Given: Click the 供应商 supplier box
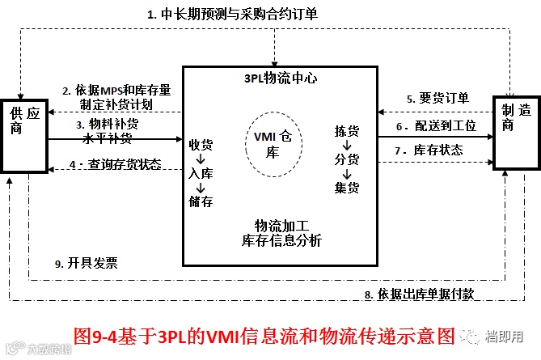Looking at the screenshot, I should pyautogui.click(x=24, y=133).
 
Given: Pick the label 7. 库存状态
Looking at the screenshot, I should pyautogui.click(x=437, y=150).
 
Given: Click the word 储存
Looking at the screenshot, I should pyautogui.click(x=201, y=201).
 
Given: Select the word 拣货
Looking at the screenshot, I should pyautogui.click(x=346, y=130).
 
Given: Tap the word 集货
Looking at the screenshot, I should pyautogui.click(x=346, y=188).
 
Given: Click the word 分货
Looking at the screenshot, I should pyautogui.click(x=346, y=159).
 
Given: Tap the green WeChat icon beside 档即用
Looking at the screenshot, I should pyautogui.click(x=469, y=334).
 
